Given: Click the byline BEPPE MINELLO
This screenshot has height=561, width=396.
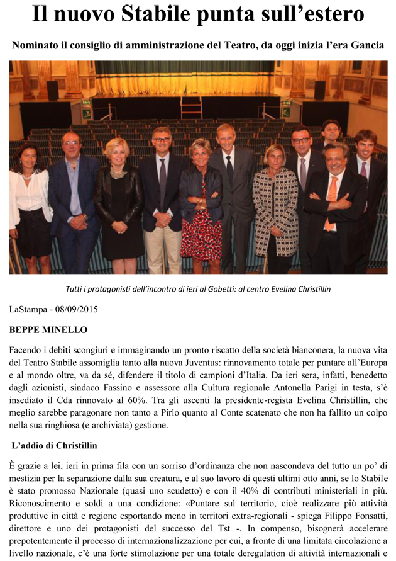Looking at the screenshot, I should click(x=48, y=329).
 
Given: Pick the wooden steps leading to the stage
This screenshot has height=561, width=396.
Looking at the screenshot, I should click(x=191, y=108).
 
